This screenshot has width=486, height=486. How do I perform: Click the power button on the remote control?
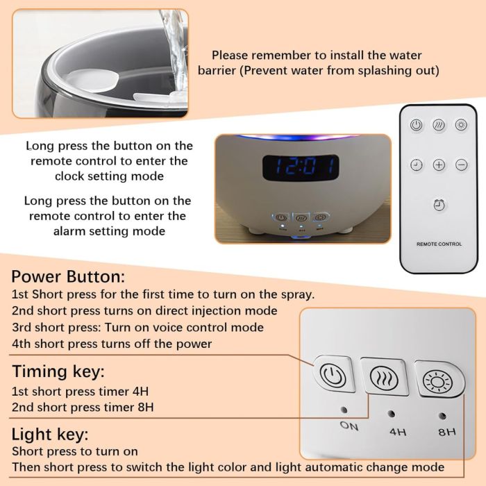416,125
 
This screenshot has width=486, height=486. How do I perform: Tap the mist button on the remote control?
439,125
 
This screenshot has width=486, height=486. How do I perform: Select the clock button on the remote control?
417,165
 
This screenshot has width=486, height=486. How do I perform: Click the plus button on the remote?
439,165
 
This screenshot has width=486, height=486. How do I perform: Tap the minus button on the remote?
462,165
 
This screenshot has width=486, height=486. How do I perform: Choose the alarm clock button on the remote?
439,205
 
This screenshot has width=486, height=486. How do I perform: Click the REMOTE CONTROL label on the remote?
439,244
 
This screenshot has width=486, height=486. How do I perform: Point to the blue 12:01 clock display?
301,168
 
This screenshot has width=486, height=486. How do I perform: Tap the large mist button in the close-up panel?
385,377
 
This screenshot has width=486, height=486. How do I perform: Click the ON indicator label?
349,426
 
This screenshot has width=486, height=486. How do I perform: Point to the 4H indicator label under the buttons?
398,431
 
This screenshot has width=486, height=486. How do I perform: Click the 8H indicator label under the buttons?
447,432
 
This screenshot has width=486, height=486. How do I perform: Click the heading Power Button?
68,276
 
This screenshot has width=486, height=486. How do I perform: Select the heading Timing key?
58,371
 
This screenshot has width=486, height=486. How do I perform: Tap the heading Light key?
50,435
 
